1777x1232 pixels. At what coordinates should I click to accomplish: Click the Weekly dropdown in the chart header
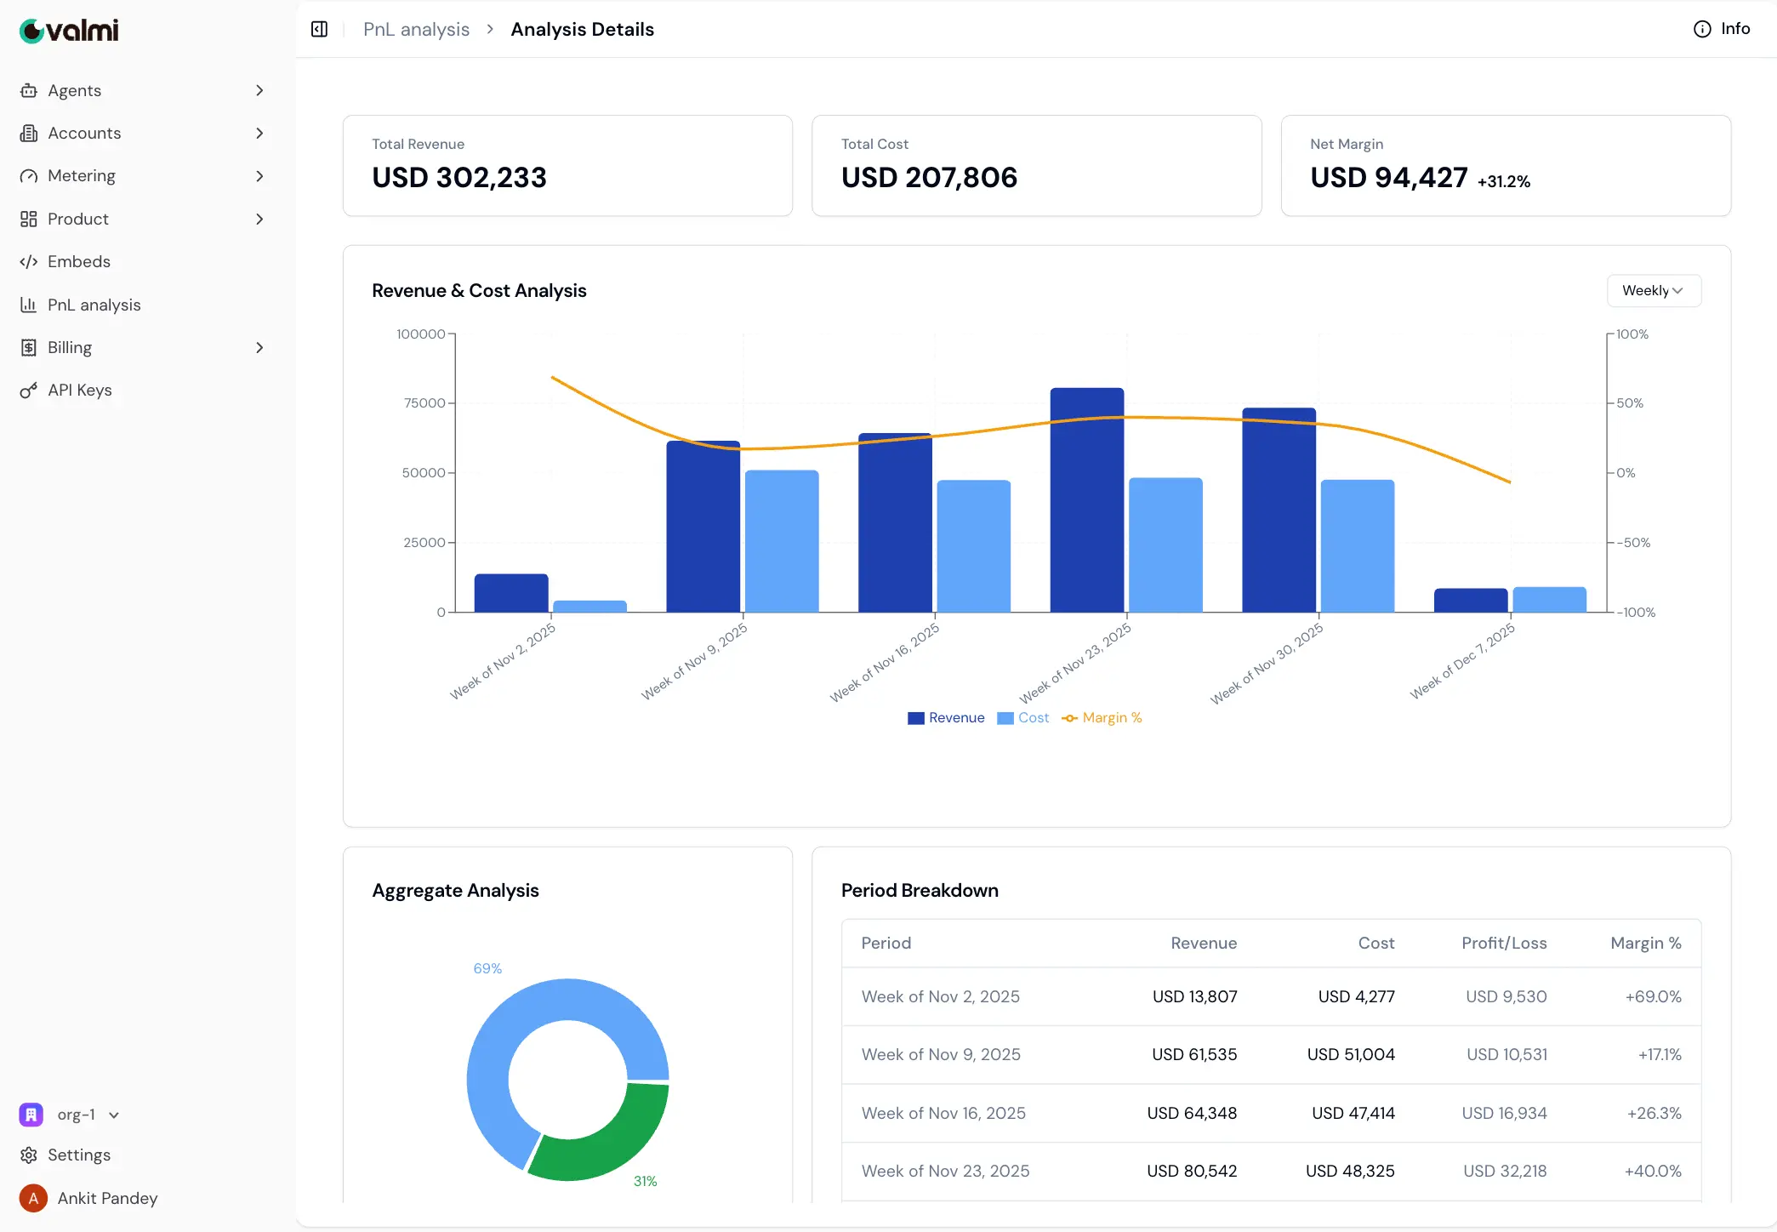[x=1653, y=291]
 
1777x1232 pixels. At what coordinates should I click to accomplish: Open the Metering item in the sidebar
[x=82, y=176]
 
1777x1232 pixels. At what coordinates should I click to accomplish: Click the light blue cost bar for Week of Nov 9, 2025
[x=781, y=541]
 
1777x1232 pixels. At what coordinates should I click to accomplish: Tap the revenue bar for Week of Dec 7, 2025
[x=1470, y=600]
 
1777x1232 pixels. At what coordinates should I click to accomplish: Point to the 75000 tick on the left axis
[x=424, y=403]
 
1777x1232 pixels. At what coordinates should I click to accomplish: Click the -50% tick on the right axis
[x=1632, y=543]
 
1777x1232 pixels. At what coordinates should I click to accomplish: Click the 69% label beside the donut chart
[x=487, y=968]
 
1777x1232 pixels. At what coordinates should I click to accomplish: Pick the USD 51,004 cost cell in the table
[x=1350, y=1055]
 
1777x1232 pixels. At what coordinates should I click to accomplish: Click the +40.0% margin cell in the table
[x=1652, y=1172]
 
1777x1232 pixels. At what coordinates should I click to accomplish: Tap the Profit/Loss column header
[x=1503, y=943]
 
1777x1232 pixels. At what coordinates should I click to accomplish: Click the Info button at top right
[x=1722, y=29]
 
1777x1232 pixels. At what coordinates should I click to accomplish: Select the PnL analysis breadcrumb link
[x=416, y=30]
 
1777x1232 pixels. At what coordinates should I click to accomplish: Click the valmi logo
[x=69, y=31]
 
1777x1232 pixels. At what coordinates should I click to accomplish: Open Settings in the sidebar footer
[x=78, y=1155]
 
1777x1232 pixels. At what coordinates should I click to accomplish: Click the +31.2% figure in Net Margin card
[x=1503, y=181]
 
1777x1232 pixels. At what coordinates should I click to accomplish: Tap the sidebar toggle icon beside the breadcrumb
[x=320, y=30]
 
